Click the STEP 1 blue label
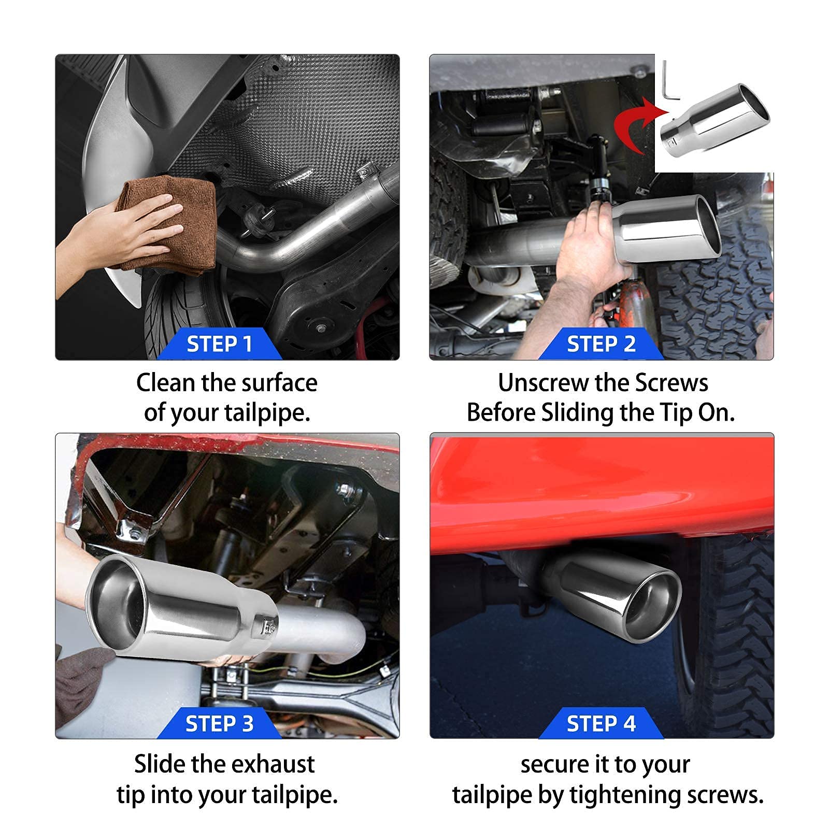(219, 344)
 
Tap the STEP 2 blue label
(601, 344)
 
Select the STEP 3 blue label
(219, 723)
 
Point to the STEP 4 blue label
(601, 723)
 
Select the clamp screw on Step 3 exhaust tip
(268, 627)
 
